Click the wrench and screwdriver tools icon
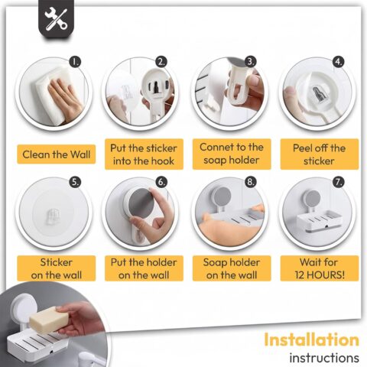(x=56, y=19)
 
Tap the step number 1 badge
(x=75, y=62)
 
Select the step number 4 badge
(x=339, y=62)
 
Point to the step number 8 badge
(x=251, y=182)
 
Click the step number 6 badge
(x=162, y=182)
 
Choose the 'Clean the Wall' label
(x=57, y=154)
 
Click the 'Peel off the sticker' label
(x=320, y=154)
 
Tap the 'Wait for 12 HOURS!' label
(x=320, y=268)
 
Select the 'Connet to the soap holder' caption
(x=232, y=154)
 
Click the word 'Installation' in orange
(x=311, y=339)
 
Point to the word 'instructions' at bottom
(x=324, y=358)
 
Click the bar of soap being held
(x=49, y=320)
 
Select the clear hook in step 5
(x=53, y=216)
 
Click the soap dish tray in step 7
(x=318, y=221)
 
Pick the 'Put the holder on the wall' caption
(x=144, y=268)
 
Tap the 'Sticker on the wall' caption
(x=57, y=268)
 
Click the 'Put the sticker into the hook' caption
(x=144, y=154)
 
